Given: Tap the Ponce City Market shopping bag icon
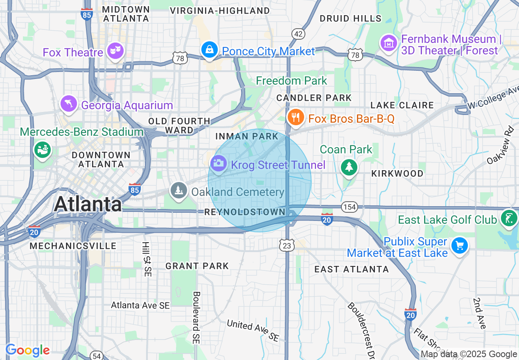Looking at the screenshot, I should coord(209,50).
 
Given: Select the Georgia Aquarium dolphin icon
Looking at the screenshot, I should coord(69,104).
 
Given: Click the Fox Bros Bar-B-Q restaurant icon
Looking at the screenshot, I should coord(295,117).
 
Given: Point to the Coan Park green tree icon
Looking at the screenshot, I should coord(349,167).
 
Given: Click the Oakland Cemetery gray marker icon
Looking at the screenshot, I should coord(178,191).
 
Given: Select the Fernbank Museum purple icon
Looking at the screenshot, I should coord(388,43).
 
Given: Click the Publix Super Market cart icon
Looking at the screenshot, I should coord(459,246).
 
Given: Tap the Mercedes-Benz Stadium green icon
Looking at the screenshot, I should coord(42,150).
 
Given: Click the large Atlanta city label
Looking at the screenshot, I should coord(88,204).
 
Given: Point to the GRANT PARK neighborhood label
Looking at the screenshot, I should coord(197,266).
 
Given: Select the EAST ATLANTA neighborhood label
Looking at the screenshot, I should coord(352,269).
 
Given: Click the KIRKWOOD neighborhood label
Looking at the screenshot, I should coord(397,173).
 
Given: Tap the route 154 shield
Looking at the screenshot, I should coord(350,207).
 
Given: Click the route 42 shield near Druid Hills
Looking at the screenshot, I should coord(298,34).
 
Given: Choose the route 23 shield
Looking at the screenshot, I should coord(287,245).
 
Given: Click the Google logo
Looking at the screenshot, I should coord(28,350).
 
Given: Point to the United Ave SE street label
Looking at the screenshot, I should coord(253,331).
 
